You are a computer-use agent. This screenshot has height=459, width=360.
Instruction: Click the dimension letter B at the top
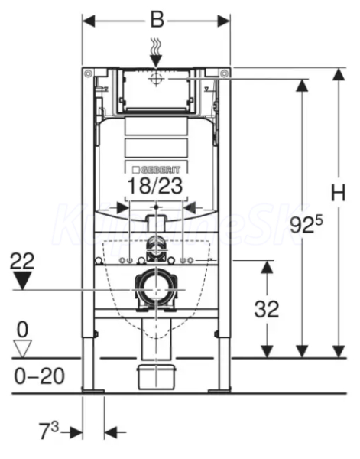(x=157, y=20)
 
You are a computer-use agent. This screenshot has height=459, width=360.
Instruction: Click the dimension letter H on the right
(x=339, y=193)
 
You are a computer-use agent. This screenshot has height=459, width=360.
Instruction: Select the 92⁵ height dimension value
(x=306, y=224)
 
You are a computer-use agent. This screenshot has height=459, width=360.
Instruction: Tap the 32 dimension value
(x=267, y=309)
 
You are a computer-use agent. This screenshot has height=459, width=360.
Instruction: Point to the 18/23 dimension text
(x=155, y=185)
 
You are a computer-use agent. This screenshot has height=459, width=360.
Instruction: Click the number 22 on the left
(x=22, y=261)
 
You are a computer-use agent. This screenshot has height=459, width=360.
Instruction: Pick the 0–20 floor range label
(x=40, y=376)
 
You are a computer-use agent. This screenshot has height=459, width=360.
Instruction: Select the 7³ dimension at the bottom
(x=49, y=430)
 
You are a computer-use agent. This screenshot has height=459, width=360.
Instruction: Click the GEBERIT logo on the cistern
(x=157, y=170)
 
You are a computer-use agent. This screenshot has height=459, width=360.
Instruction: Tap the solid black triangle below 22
(x=22, y=280)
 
